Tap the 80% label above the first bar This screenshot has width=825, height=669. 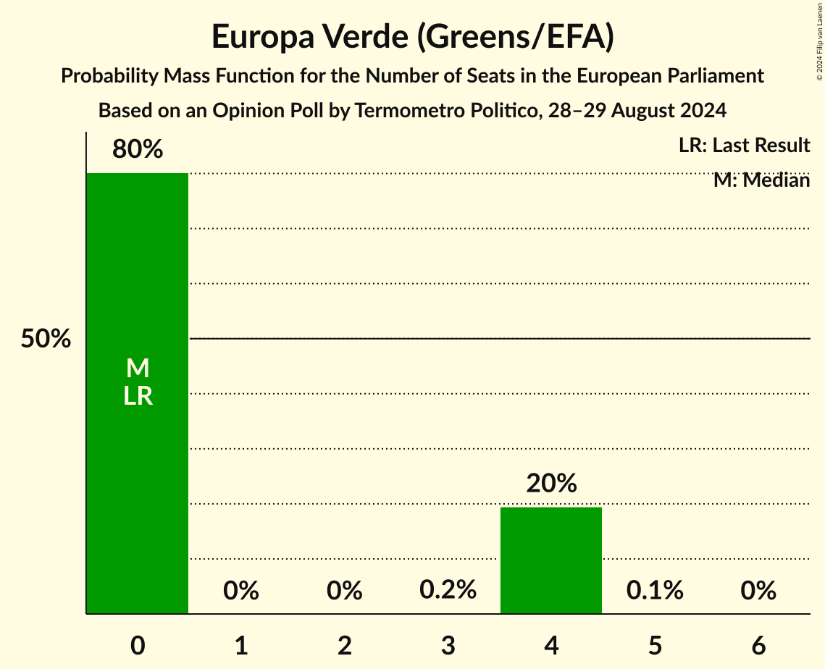coord(138,150)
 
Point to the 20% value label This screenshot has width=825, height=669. coord(551,484)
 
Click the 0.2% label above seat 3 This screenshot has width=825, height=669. coord(448,590)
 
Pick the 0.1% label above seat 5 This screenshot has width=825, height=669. coord(655,590)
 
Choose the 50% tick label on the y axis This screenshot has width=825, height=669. coord(46,339)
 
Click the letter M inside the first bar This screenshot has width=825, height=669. coord(138,369)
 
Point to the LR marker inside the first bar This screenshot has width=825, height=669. coord(138,396)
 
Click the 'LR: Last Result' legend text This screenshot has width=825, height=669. coord(744,146)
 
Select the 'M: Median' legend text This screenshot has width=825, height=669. coord(761,180)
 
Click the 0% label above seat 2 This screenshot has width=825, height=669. coord(345,591)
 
